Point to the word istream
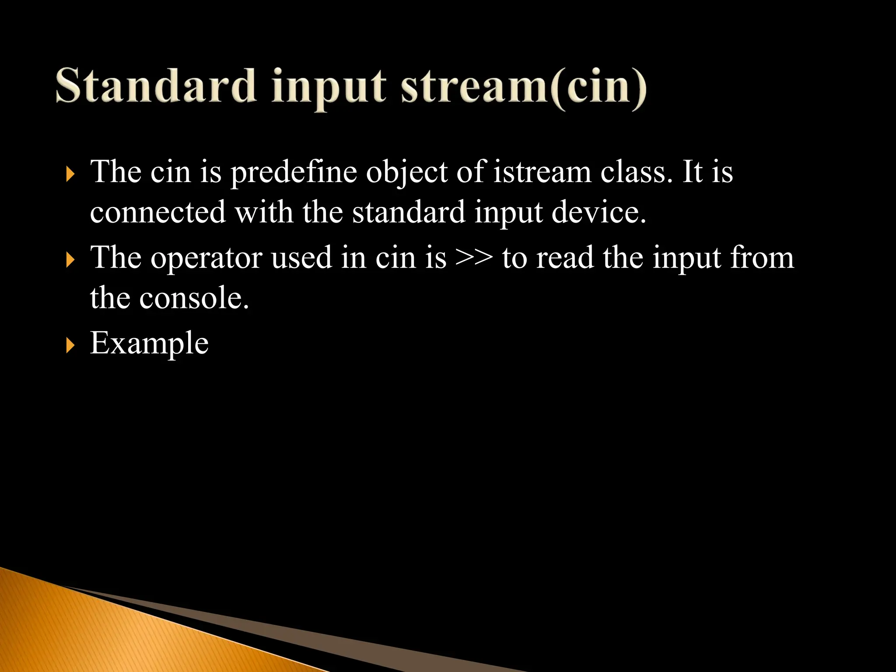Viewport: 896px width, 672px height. [x=542, y=171]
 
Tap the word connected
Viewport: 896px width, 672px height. [x=157, y=212]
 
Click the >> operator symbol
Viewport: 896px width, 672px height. [x=474, y=258]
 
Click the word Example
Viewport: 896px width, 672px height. [x=149, y=343]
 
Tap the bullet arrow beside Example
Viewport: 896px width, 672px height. [x=70, y=346]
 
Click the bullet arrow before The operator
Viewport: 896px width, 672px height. [x=70, y=260]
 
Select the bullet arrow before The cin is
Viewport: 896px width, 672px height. [x=70, y=175]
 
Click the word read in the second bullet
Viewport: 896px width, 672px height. [x=565, y=258]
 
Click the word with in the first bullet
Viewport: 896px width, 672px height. [x=263, y=212]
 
